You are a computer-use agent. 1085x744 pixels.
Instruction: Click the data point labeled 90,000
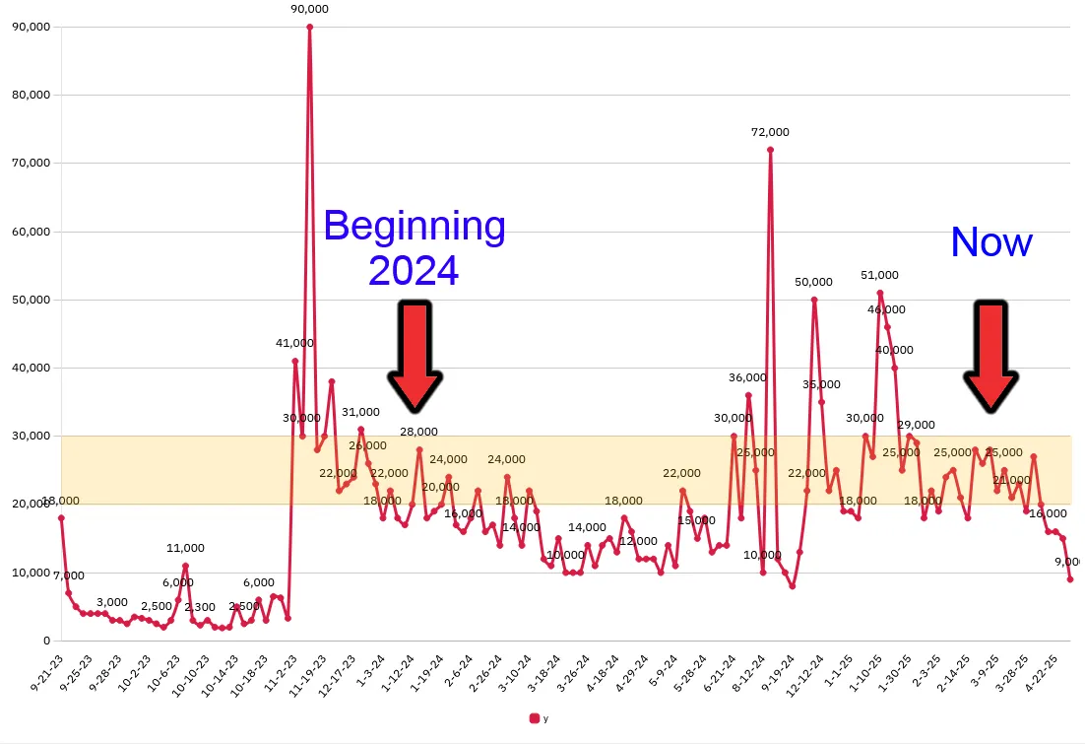309,27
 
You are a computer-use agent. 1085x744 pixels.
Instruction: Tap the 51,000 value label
879,275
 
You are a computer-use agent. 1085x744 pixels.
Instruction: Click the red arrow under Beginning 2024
415,356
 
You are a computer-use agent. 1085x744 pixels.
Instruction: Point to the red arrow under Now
990,356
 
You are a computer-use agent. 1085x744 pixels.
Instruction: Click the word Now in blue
990,242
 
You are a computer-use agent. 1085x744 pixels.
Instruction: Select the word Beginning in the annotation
415,227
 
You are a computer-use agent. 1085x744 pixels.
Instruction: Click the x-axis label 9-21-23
45,674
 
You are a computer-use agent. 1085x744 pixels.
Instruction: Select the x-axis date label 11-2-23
280,674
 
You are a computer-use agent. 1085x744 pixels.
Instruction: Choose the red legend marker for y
535,718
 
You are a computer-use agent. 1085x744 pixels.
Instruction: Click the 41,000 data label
294,343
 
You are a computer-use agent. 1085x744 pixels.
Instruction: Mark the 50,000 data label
813,282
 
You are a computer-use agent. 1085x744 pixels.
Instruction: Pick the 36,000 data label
747,377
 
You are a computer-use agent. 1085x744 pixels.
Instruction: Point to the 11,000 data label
185,548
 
